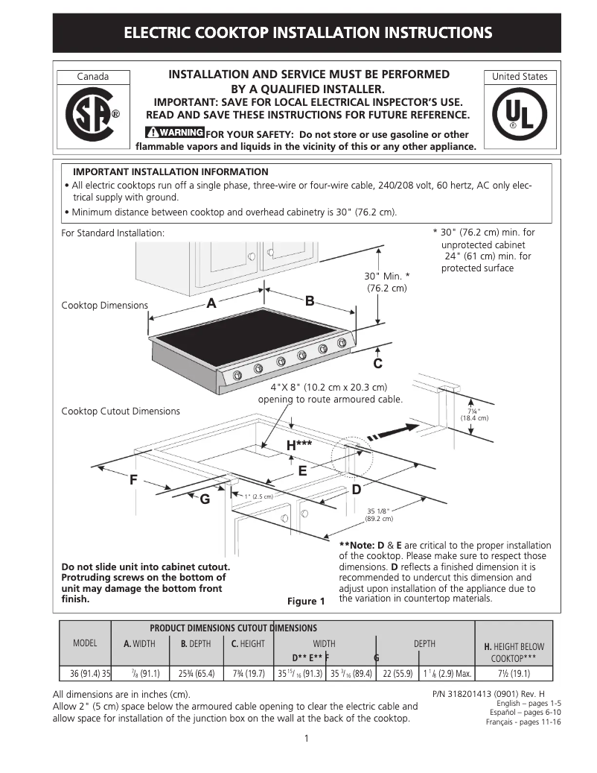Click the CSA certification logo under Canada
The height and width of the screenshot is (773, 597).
[x=92, y=115]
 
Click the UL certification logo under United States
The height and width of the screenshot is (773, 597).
[x=519, y=115]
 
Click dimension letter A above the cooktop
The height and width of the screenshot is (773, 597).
[x=211, y=303]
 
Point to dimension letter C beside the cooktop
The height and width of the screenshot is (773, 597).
[x=377, y=364]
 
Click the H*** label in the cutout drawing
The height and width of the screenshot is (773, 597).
[x=298, y=445]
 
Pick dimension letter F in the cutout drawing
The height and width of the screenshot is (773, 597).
[x=133, y=479]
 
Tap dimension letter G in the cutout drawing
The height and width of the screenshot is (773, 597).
[x=204, y=499]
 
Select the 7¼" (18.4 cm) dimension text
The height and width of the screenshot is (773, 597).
[x=473, y=414]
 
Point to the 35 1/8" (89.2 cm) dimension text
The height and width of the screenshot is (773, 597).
[x=378, y=514]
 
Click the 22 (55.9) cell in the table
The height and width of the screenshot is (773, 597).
[x=398, y=673]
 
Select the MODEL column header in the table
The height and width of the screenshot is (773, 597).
[x=85, y=643]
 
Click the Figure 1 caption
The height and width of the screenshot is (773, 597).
[x=306, y=602]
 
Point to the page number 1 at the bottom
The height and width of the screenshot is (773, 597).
[x=307, y=739]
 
